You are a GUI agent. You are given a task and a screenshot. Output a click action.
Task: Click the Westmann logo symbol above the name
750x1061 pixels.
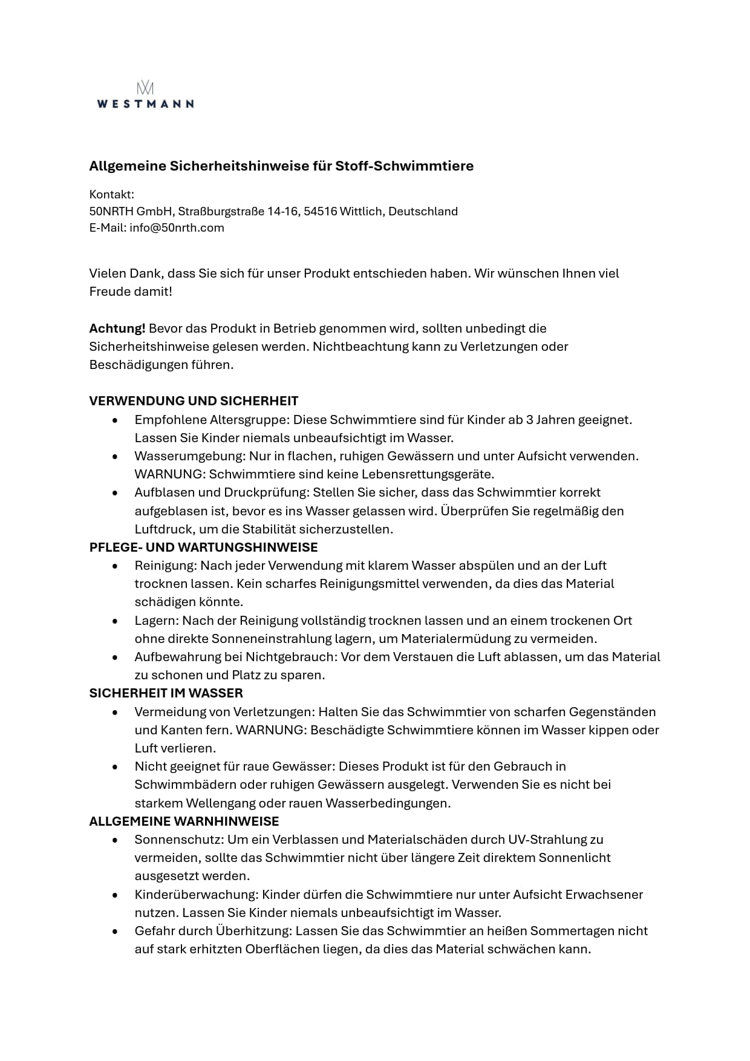point(145,87)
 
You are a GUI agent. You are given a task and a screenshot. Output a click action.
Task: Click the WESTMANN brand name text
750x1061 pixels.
point(145,103)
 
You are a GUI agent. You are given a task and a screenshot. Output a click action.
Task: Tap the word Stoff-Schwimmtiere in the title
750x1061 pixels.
point(405,166)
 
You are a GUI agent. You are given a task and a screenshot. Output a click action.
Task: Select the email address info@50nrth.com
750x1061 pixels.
point(177,228)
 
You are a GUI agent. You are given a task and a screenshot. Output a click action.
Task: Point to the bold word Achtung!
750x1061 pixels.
point(117,328)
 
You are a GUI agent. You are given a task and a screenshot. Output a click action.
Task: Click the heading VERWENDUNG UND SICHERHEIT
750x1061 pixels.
point(194,401)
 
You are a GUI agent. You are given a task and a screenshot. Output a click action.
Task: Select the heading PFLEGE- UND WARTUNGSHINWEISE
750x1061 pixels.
point(203,547)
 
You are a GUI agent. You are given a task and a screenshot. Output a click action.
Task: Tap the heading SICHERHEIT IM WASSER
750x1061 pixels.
point(166,693)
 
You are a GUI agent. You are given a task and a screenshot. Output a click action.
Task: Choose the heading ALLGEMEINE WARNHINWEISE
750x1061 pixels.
point(184,821)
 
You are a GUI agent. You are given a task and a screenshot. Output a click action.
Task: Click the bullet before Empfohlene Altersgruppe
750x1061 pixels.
point(115,420)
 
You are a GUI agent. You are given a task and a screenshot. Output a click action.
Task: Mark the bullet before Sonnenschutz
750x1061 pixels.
point(115,840)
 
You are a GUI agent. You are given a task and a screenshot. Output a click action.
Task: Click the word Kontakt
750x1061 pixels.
point(111,194)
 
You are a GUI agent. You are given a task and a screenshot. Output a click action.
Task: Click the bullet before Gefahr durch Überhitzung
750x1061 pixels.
point(115,932)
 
